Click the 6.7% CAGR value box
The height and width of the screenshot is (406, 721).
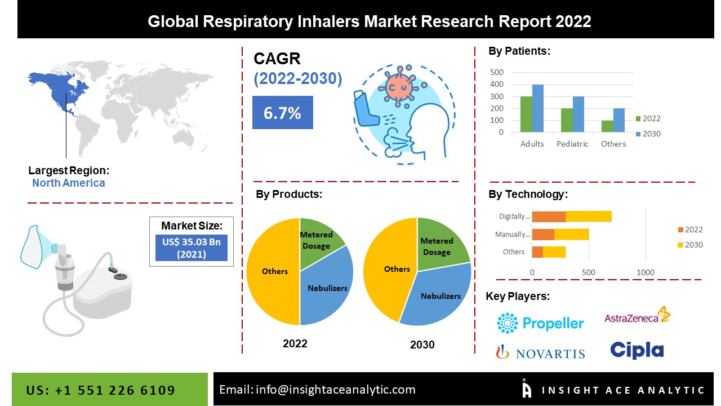tap(282, 113)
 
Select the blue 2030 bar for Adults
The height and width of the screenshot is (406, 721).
tap(538, 108)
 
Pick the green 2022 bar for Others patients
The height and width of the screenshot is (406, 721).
tap(607, 126)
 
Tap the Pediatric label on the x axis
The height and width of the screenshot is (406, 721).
tap(572, 144)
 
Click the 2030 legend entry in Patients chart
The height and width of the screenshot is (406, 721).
tap(647, 134)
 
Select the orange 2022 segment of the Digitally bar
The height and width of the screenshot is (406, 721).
tap(549, 216)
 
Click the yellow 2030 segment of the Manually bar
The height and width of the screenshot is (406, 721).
tap(571, 234)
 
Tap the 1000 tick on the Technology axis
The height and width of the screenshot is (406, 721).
tap(646, 272)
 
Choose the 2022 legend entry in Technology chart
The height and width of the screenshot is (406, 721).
tap(689, 230)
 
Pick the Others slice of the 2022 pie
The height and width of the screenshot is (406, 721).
tap(274, 271)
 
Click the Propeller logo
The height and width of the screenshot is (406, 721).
tap(540, 323)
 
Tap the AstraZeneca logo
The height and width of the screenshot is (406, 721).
tap(637, 316)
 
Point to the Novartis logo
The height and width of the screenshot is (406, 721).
tap(540, 352)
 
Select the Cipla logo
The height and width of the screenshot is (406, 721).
tap(637, 350)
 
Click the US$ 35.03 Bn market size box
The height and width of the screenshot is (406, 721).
tap(191, 248)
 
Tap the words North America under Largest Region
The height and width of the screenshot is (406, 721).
tap(68, 183)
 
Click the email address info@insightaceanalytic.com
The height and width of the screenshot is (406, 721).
tap(335, 389)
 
